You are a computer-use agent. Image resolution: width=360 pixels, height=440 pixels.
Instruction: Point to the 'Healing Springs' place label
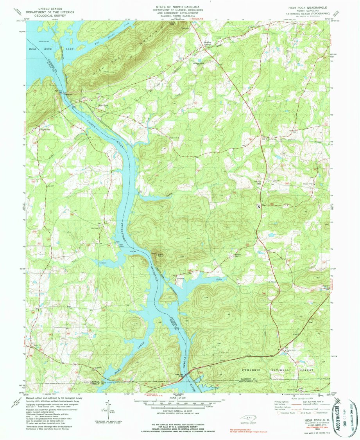tap(207, 43)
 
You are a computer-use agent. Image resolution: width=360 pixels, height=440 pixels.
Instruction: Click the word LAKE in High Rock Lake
tap(70, 49)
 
